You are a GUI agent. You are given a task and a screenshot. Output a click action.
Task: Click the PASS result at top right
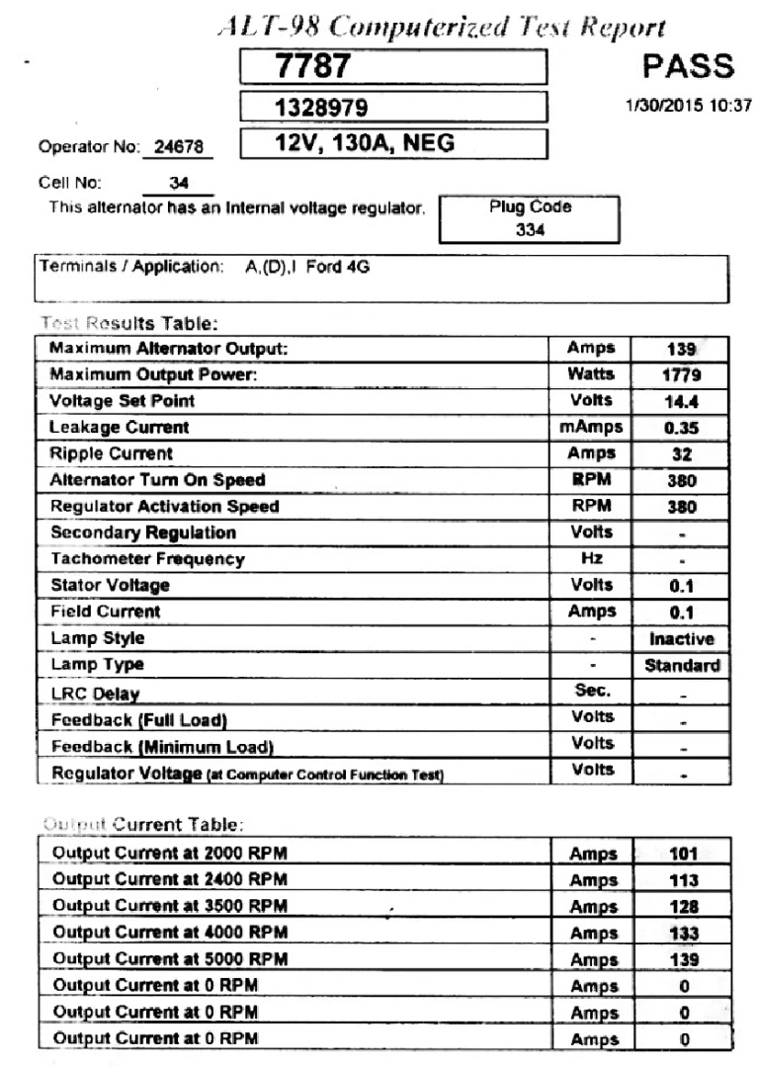pos(688,66)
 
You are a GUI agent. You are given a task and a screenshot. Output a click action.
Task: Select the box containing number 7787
pos(393,67)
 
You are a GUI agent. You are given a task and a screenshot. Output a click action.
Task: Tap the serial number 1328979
pos(393,107)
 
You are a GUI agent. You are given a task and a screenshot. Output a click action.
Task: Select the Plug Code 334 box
pos(530,218)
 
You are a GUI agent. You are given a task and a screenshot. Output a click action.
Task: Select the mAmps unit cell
pos(591,428)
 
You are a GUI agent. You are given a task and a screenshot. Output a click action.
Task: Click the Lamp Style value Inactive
pos(681,639)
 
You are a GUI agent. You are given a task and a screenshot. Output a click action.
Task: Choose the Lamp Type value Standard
pos(682,666)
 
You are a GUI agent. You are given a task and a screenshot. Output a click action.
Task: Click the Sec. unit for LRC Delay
pos(591,692)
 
